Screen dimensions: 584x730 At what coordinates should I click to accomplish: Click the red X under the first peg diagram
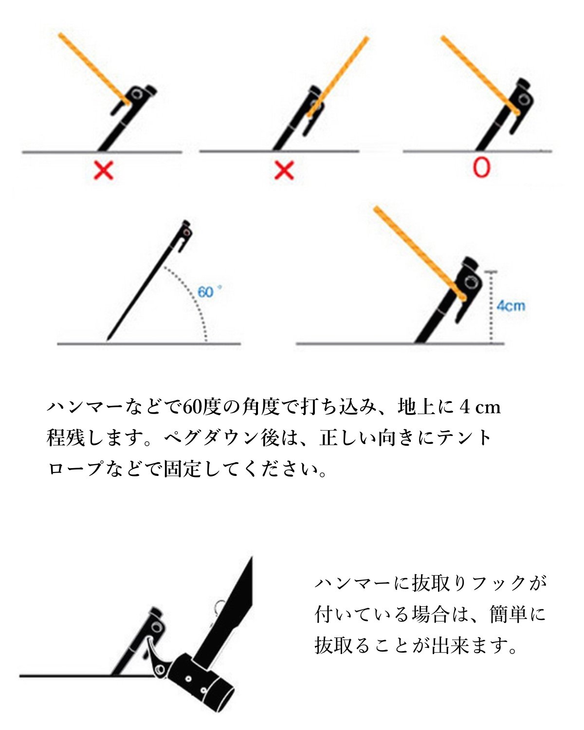104,170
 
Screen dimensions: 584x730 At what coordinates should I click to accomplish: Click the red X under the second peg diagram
284,170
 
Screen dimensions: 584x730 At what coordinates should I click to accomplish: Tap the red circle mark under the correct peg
481,167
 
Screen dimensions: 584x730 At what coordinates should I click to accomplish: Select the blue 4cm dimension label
511,306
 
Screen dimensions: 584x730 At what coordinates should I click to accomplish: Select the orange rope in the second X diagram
338,77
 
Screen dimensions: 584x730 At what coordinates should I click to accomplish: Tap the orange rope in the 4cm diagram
420,253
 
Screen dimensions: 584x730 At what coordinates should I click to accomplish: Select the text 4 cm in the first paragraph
480,407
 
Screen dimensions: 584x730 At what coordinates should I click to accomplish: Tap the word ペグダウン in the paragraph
212,438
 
